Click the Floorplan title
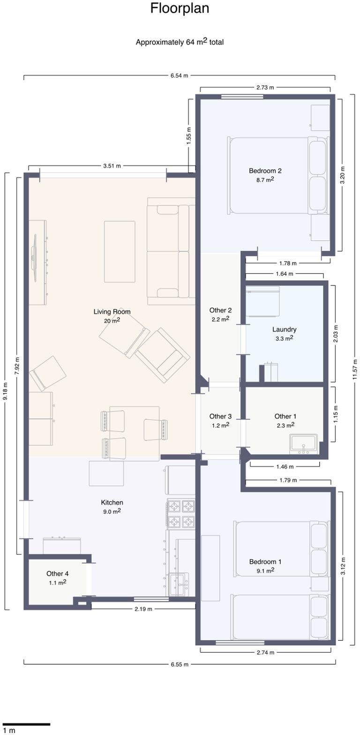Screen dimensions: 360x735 coord(180,8)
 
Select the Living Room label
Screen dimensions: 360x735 coord(112,312)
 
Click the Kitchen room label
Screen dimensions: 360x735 coord(112,502)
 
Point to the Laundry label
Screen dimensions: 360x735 coord(284,330)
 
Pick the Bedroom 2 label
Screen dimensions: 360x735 coord(265,171)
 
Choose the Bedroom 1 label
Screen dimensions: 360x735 coord(265,562)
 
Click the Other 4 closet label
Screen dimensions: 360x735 coord(58,574)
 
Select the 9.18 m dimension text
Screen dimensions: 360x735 coord(5,391)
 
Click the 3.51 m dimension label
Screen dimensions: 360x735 coord(112,166)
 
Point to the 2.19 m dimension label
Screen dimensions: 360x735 coord(143,609)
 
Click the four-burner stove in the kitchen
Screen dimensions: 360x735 coord(181,514)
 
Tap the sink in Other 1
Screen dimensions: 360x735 coord(304,444)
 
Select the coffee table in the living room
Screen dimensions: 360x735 coord(120,252)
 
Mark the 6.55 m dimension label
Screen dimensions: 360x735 coord(180,665)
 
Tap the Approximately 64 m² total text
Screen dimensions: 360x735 coord(180,42)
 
